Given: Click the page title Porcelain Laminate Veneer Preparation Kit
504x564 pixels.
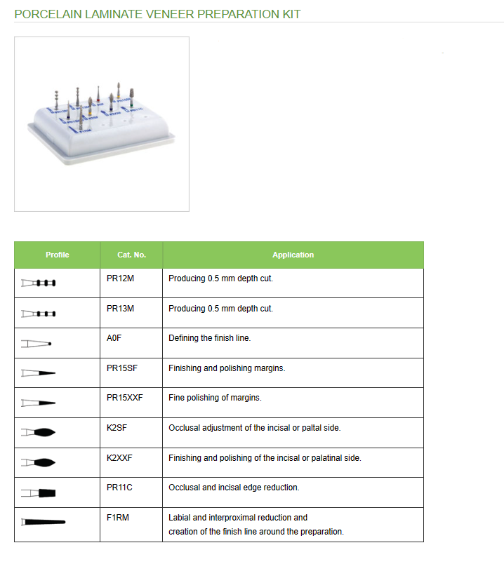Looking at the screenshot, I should [x=158, y=13].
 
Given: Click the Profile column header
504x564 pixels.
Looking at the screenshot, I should [x=57, y=255].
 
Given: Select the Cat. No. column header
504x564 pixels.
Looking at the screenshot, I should [x=131, y=255].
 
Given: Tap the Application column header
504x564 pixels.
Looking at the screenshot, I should [x=293, y=255].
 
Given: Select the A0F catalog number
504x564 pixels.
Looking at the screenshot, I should [x=114, y=338].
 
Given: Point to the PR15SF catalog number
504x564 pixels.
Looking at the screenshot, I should [x=121, y=368].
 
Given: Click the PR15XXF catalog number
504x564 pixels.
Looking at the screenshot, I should [x=124, y=398].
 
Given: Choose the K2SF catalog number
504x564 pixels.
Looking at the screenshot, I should [x=117, y=428].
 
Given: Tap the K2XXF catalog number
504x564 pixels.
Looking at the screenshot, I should [x=119, y=458].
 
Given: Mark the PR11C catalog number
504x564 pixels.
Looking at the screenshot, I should [x=119, y=488].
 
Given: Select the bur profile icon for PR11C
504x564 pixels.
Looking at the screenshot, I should [x=39, y=492].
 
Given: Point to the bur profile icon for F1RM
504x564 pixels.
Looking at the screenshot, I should [x=43, y=522].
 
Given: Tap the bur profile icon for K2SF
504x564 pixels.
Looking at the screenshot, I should [x=39, y=432].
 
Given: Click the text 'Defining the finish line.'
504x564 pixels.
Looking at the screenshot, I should [x=209, y=338].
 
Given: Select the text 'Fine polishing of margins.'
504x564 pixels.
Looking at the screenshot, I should [x=215, y=398].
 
